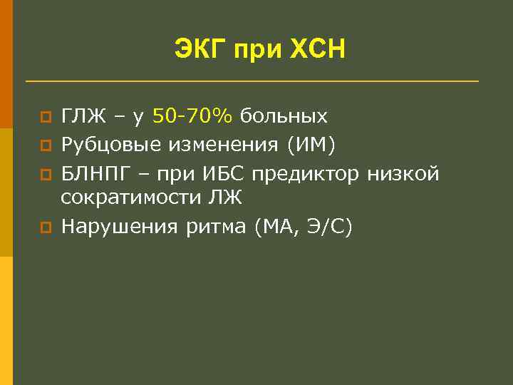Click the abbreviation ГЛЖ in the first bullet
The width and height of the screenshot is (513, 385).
tap(85, 115)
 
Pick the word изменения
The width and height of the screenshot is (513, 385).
tap(224, 145)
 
